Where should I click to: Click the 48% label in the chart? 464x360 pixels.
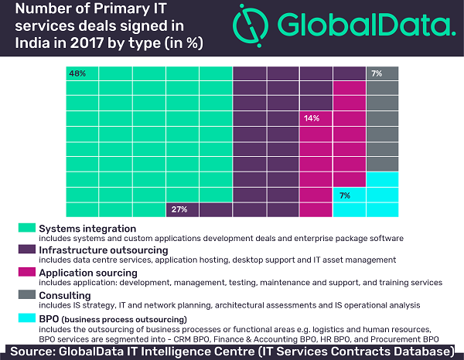[x=77, y=73]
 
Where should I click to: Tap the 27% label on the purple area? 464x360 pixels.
[x=179, y=209]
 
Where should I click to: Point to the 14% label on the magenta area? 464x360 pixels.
[x=311, y=118]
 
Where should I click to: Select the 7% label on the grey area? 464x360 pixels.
[x=377, y=73]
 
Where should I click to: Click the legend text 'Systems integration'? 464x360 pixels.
[x=87, y=229]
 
